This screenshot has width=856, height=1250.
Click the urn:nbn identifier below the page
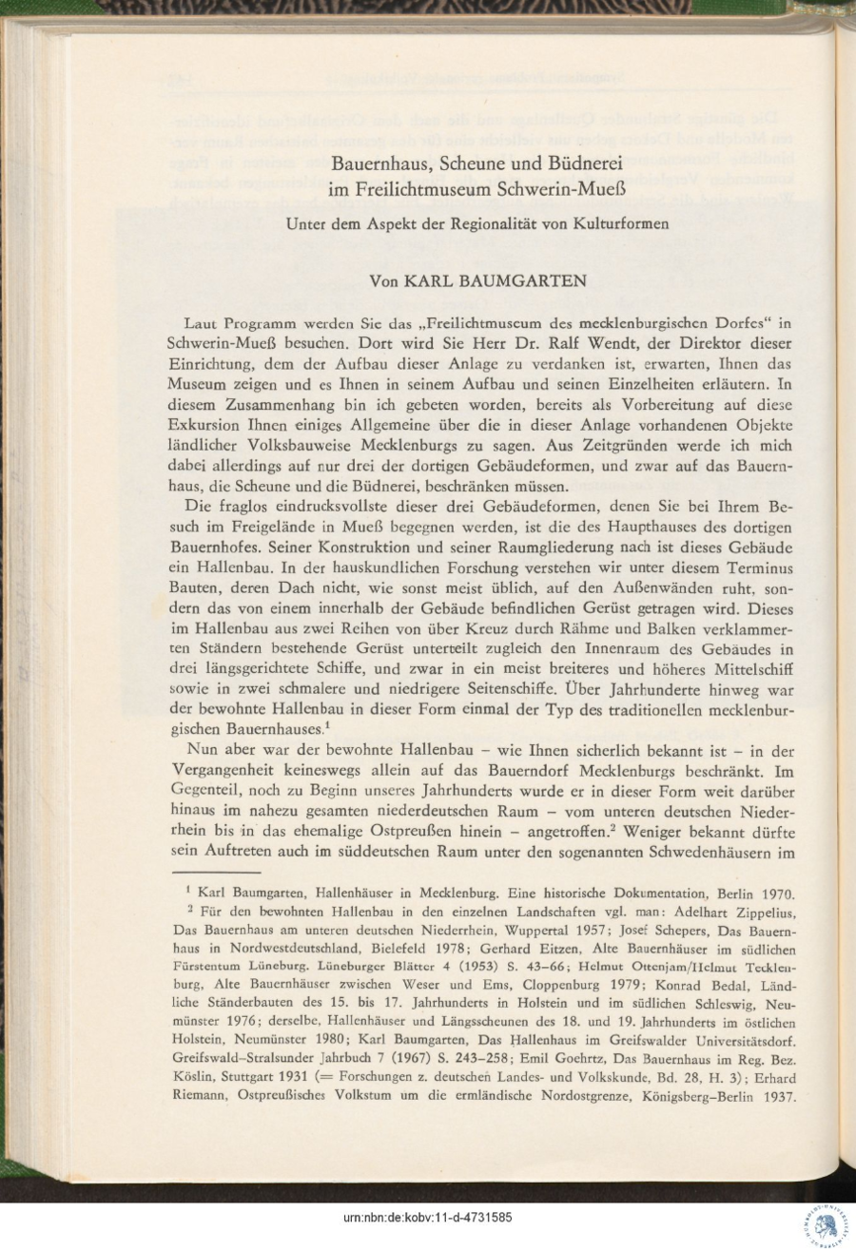(x=428, y=1218)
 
